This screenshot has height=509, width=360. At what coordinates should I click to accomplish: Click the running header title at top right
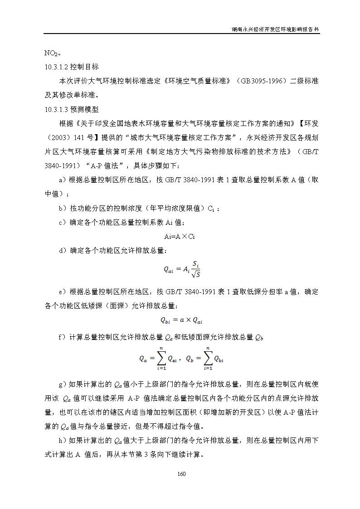click(x=275, y=29)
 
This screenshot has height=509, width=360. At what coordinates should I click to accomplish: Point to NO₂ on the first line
click(x=50, y=53)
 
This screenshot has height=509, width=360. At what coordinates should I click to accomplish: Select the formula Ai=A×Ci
click(x=180, y=236)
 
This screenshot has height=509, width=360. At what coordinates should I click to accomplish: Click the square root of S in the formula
click(x=195, y=274)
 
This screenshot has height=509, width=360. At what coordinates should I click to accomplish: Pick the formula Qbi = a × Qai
click(x=181, y=320)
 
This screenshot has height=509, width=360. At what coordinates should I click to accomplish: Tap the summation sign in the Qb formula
click(x=208, y=358)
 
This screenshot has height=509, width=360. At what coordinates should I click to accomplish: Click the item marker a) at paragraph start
click(x=63, y=180)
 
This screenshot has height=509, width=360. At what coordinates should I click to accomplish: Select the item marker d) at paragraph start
click(x=63, y=250)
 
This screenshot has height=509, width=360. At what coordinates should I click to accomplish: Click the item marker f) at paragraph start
click(x=63, y=337)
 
